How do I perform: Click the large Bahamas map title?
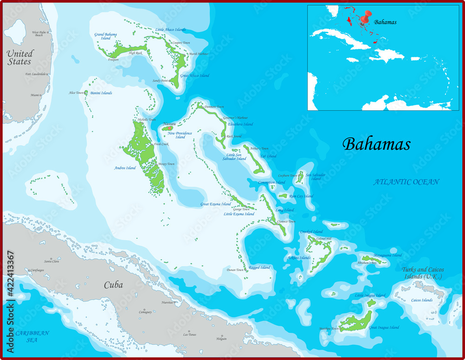pos(376,144)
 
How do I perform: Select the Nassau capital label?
pos(169,124)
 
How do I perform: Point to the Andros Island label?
pos(125,168)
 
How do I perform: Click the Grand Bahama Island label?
pos(106,36)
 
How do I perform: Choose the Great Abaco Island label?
pos(194,76)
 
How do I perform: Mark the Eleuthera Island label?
pos(240,124)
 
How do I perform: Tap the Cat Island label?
pos(268,156)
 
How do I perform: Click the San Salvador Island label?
pos(316,177)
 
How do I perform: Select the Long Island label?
pos(285,210)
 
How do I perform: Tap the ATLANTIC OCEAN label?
pos(406,182)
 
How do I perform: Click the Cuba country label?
pos(113,285)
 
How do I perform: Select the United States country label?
pos(20,58)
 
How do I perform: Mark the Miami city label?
pos(35,95)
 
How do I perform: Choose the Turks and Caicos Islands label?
pos(423,273)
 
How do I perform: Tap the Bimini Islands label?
pos(101,93)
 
